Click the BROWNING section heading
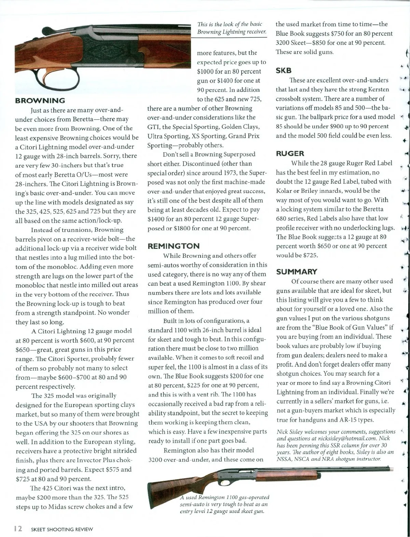pyautogui.click(x=40, y=100)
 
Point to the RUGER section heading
pyautogui.click(x=290, y=153)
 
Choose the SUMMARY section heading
pyautogui.click(x=297, y=272)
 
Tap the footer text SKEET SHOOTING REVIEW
pyautogui.click(x=62, y=529)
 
